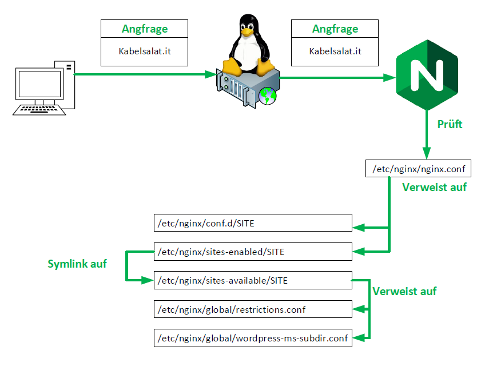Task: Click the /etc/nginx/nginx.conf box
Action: [x=419, y=169]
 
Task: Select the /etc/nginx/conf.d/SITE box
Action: [x=253, y=223]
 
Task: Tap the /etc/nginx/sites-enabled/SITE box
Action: [x=253, y=252]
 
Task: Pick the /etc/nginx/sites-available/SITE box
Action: [x=253, y=280]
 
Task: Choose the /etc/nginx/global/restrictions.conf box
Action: [x=253, y=309]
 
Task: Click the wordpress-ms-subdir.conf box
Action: [x=253, y=338]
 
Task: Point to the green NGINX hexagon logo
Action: [x=428, y=73]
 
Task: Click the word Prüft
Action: [x=450, y=124]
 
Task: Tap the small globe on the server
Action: [x=267, y=96]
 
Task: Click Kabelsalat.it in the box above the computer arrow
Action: [x=145, y=51]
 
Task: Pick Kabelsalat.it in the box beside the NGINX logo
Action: [x=335, y=51]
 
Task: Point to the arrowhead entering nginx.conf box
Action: [x=426, y=154]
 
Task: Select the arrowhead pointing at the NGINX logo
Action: [x=391, y=77]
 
